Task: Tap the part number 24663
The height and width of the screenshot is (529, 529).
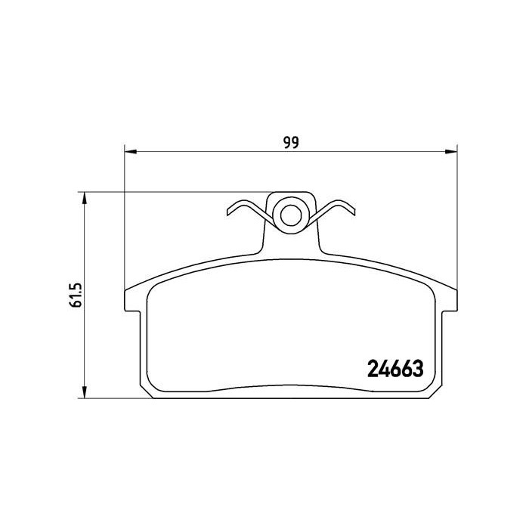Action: click(x=394, y=370)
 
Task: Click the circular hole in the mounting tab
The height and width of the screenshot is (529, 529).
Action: click(x=289, y=214)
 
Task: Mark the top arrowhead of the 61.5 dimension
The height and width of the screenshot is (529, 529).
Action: click(x=85, y=198)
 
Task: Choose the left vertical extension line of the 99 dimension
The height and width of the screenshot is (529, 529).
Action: click(x=123, y=219)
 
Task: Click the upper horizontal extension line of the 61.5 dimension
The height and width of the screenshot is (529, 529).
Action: click(x=174, y=192)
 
